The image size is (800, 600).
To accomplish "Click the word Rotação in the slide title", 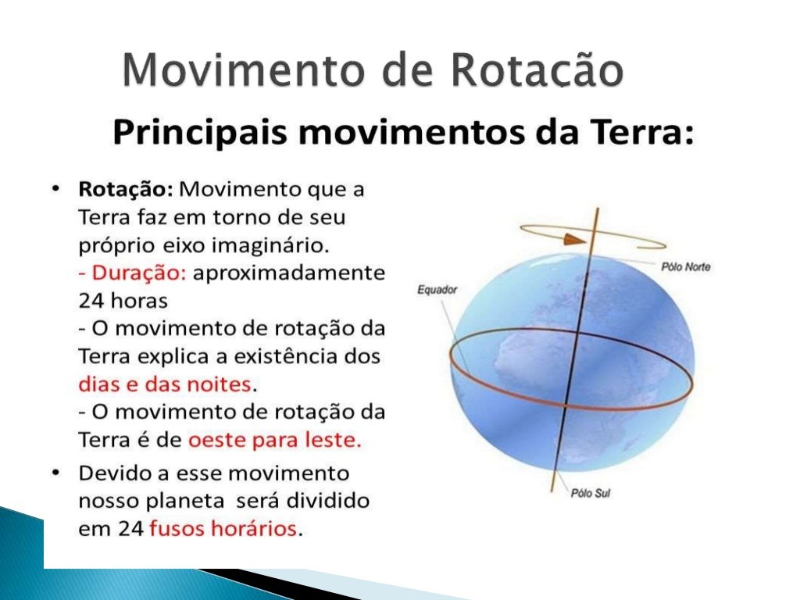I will [x=537, y=72].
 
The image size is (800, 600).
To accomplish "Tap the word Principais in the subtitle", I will [x=200, y=134].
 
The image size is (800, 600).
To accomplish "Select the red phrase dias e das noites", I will [x=166, y=384].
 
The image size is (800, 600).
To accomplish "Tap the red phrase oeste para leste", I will [x=274, y=440].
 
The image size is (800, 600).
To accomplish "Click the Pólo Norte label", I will [x=685, y=267].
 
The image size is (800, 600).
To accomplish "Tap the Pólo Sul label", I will [x=591, y=495].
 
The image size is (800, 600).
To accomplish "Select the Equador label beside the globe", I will [x=437, y=290].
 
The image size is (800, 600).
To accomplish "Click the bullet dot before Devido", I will [x=56, y=473].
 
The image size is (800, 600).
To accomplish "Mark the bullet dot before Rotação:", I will [x=56, y=190].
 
